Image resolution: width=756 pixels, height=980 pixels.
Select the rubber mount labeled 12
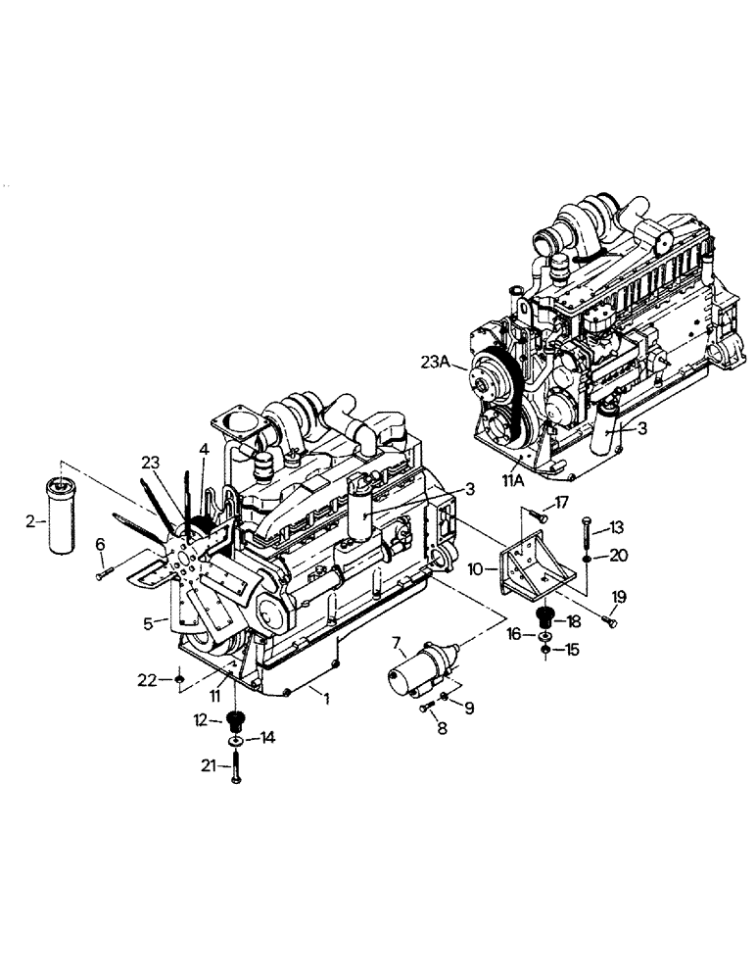(x=234, y=724)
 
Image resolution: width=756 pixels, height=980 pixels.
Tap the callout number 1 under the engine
(x=327, y=701)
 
